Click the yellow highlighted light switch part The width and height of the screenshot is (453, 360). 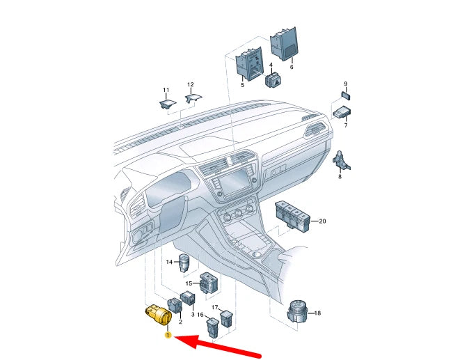coord(157,314)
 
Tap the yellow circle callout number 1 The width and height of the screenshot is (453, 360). coord(168,336)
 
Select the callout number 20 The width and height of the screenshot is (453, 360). coord(321,221)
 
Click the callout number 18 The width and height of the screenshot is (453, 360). coord(317,314)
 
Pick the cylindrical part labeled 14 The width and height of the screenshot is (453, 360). coord(185,264)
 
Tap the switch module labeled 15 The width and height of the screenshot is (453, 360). coord(208,283)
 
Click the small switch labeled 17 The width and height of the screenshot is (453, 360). coord(228,319)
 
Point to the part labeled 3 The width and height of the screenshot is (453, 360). coord(187,299)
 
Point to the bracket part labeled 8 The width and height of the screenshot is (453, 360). coord(342,160)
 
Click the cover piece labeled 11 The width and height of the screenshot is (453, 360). coord(166,104)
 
